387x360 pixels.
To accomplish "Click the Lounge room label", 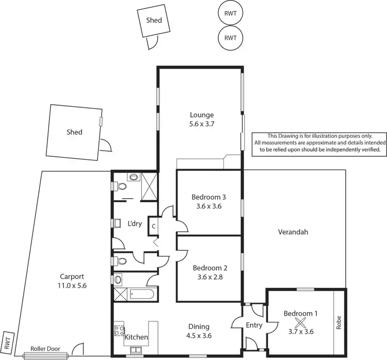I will (201, 115).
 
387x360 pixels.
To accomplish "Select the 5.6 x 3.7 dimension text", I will (201, 124).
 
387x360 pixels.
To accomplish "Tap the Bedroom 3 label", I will (209, 197).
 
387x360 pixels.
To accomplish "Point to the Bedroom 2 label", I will (209, 268).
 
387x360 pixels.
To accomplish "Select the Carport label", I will (71, 276).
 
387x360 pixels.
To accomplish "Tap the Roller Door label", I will (45, 349).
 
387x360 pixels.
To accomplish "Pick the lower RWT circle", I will (230, 38).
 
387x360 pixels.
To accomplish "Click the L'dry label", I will (135, 223).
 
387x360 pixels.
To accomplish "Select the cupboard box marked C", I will (154, 225).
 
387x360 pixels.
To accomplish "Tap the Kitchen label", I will (137, 337).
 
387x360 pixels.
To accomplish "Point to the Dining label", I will (199, 326).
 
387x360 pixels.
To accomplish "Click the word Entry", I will (254, 325).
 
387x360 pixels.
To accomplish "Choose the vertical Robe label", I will (339, 322).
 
